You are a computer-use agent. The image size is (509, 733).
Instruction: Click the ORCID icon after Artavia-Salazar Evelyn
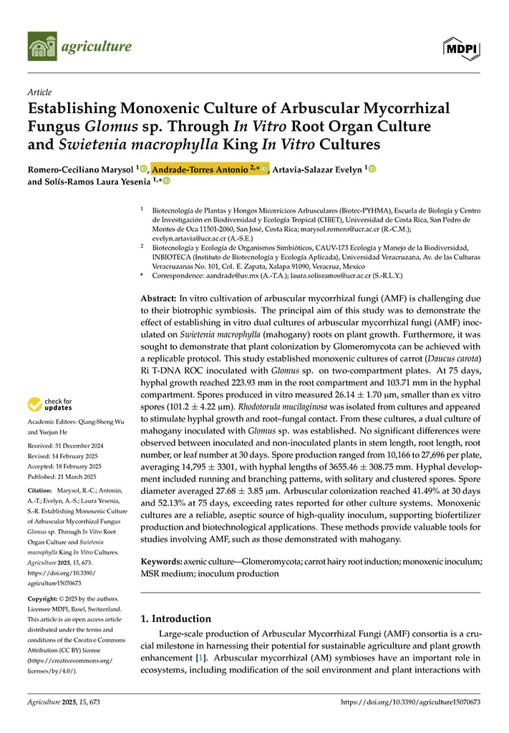pos(372,170)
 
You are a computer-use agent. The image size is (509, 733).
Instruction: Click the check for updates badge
pos(52,405)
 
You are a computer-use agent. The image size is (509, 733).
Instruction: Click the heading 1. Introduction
pos(176,618)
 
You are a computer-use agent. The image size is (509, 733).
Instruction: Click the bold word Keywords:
pos(161,563)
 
